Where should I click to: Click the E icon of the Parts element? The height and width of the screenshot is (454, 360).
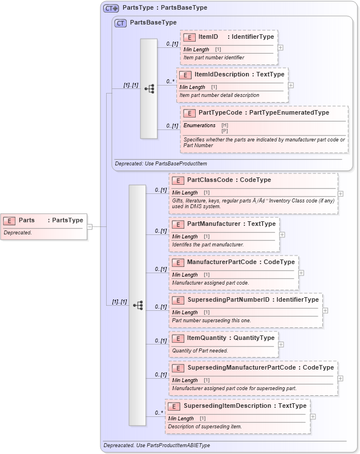pos(10,220)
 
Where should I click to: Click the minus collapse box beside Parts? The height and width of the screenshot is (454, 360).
pos(90,226)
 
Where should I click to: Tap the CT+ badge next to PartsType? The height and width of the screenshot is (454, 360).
pos(111,8)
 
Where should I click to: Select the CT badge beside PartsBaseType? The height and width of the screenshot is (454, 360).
pos(120,23)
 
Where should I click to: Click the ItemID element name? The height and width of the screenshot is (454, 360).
pos(208,37)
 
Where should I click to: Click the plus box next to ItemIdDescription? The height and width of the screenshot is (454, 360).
pos(291,85)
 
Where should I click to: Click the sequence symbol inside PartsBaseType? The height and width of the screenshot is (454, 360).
pos(149,89)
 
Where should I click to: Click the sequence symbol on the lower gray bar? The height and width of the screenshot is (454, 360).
pos(137,305)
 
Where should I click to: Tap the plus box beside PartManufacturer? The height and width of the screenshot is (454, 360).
pos(282,234)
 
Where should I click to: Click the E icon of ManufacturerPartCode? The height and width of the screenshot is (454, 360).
pos(178,262)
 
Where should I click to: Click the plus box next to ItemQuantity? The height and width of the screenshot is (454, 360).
pos(281,344)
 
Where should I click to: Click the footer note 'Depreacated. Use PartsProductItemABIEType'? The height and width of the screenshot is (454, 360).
pos(157,445)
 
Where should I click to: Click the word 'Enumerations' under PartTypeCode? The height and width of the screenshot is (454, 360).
pos(199,125)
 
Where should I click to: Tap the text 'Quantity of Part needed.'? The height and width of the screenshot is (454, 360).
pos(200,350)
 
